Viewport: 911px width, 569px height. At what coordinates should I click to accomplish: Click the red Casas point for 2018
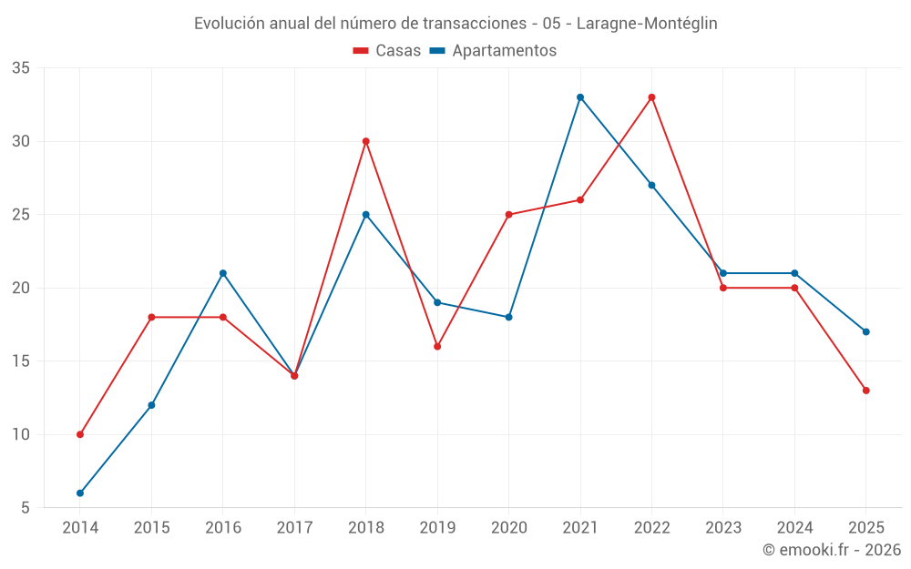[x=365, y=141]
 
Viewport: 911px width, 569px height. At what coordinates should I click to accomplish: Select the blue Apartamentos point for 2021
[x=580, y=97]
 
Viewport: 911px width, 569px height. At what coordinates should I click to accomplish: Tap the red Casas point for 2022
[x=651, y=97]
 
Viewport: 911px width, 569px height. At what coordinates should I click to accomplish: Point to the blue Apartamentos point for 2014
[x=80, y=493]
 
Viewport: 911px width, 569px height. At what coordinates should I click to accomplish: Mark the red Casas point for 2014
[x=80, y=434]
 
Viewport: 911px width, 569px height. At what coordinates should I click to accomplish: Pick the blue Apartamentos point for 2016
[x=223, y=273]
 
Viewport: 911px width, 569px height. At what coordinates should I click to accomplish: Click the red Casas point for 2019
[x=437, y=346]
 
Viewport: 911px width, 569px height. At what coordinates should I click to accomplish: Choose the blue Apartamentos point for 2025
[x=865, y=331]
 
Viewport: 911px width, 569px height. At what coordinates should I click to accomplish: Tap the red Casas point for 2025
[x=865, y=391]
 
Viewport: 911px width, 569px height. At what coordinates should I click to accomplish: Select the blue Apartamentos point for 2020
[x=508, y=317]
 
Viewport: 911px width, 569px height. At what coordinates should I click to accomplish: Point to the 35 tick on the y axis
[x=21, y=68]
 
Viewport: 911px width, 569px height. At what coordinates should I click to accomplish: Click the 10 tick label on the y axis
[x=21, y=434]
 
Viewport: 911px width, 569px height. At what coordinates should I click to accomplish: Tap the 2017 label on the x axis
[x=294, y=527]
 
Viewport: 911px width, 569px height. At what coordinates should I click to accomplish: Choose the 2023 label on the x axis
[x=723, y=527]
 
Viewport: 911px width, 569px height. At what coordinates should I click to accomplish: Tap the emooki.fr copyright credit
[x=832, y=550]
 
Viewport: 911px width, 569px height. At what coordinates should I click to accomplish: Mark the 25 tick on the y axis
[x=21, y=215]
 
